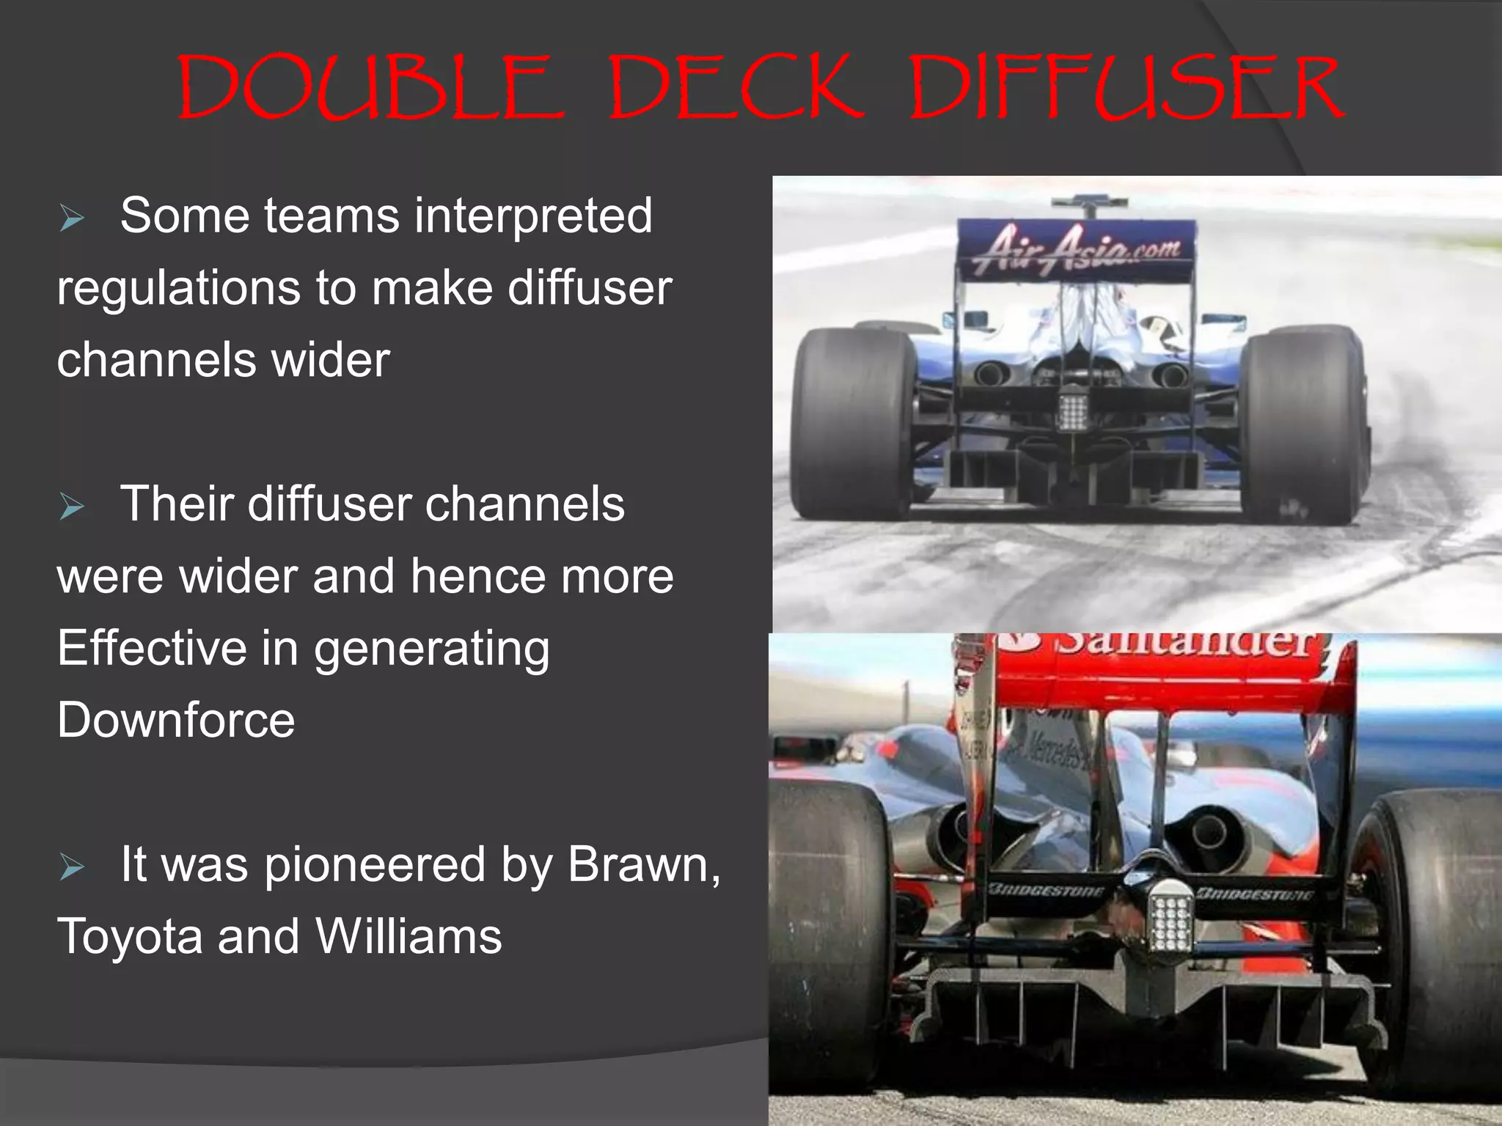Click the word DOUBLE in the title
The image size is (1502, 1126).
(x=370, y=88)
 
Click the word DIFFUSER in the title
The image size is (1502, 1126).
(x=1126, y=88)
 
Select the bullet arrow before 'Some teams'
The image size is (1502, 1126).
(x=71, y=218)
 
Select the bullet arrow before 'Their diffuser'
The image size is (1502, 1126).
(x=71, y=507)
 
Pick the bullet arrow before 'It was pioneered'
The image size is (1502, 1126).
(x=71, y=867)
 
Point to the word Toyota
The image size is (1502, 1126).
(x=129, y=937)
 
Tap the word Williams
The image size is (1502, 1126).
(x=409, y=937)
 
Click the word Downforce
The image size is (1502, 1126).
(x=176, y=721)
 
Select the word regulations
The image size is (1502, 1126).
(x=178, y=288)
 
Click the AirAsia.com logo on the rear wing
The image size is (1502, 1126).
(x=1076, y=249)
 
